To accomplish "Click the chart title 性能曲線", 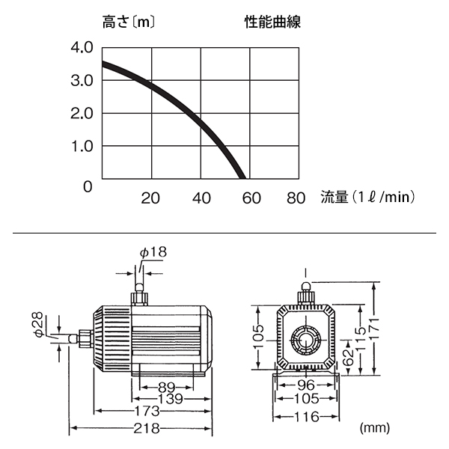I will click(272, 22).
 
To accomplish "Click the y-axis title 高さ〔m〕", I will click(129, 22).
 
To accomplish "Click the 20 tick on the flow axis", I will click(150, 198).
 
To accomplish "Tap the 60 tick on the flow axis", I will click(251, 198).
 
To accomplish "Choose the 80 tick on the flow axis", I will click(296, 198).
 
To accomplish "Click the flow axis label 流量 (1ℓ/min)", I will click(367, 198).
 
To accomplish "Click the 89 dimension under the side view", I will click(167, 387).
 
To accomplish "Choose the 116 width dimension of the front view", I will click(306, 416).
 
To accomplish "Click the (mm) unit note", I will click(374, 428).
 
